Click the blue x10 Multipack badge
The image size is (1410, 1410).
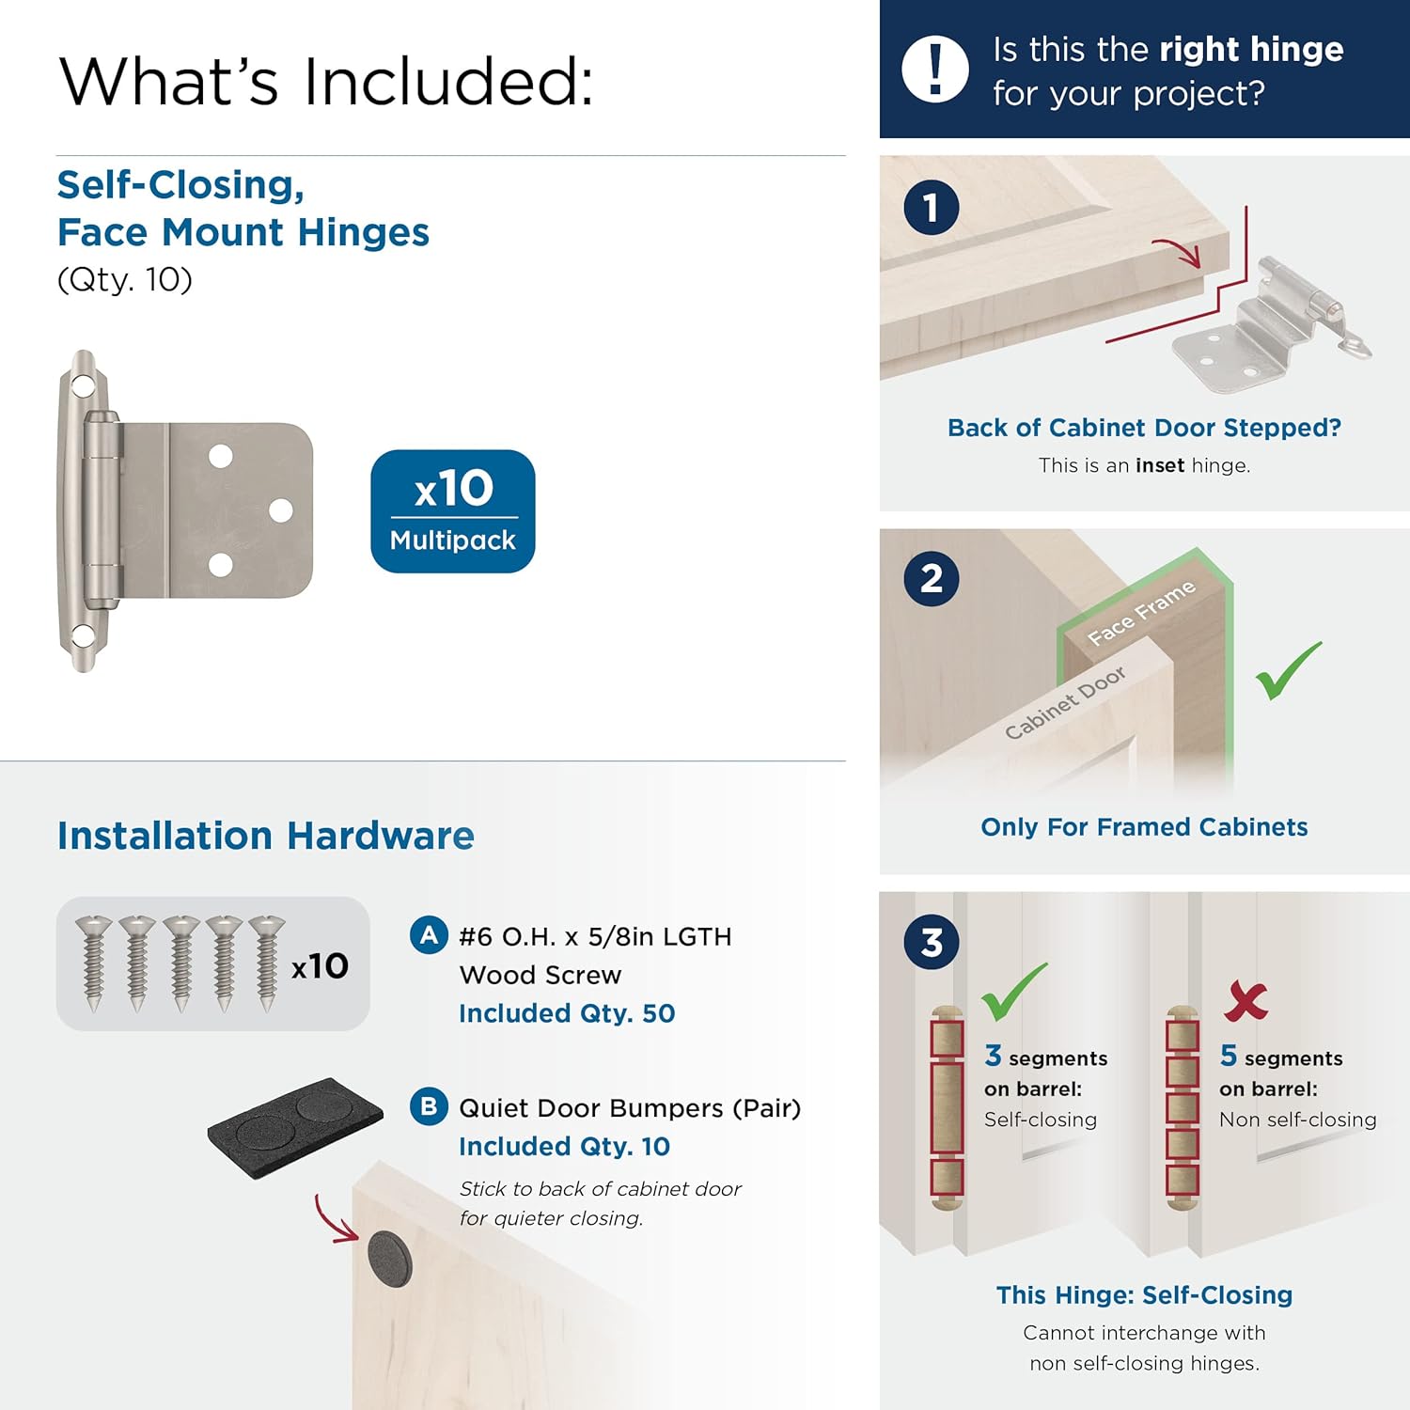point(452,511)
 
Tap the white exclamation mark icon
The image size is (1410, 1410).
point(934,69)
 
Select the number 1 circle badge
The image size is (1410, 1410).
point(931,208)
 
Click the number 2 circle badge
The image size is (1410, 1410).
point(931,578)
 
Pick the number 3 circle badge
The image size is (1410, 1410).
point(931,942)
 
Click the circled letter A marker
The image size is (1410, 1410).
point(429,935)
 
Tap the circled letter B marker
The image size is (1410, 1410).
point(429,1106)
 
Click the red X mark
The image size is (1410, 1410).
point(1246,1001)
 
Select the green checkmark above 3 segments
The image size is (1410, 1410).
point(1012,993)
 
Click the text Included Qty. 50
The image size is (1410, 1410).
point(567,1013)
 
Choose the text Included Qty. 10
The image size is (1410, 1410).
point(564,1147)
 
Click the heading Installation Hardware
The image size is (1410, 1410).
point(265,836)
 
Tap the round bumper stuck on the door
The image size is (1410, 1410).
point(389,1258)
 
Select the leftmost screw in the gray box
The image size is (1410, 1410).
point(93,963)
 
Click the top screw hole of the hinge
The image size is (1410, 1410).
point(83,385)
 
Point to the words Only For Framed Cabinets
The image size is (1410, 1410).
point(1144,827)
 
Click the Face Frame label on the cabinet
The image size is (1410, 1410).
point(1141,614)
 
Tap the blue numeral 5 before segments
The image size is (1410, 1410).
point(1228,1056)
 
